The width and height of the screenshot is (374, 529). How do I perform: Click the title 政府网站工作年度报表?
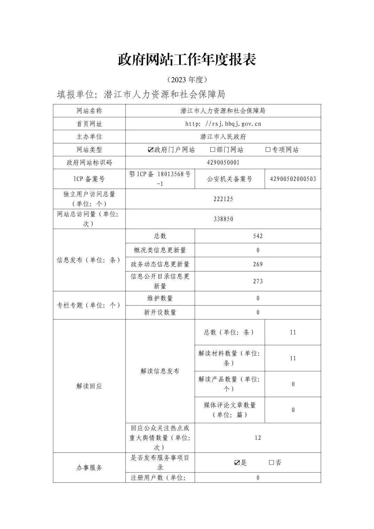pos(187,60)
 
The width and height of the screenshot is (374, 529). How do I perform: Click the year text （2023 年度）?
pos(187,80)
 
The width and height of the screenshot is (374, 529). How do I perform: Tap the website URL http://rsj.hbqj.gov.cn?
pos(223,124)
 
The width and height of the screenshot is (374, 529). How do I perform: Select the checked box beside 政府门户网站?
pos(150,150)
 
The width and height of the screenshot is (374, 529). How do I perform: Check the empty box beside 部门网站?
pos(212,150)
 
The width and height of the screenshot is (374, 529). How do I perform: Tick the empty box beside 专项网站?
pos(268,150)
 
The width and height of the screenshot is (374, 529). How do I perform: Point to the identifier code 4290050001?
pos(223,163)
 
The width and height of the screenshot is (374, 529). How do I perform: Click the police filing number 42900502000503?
pos(293,179)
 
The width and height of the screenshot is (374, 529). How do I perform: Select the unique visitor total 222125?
pos(223,199)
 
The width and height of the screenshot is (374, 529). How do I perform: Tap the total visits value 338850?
pos(223,219)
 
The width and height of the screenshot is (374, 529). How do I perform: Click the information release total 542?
pos(258,236)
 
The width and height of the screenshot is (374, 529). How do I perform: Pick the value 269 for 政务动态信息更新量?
pos(258,264)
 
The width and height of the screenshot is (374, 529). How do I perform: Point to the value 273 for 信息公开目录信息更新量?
pos(258,281)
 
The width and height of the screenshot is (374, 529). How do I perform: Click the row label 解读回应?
pos(89,386)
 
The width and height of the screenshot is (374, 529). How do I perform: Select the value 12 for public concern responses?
pos(258,438)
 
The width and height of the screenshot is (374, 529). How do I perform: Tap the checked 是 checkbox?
pos(237,463)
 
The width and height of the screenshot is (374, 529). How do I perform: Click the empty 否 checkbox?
pos(271,463)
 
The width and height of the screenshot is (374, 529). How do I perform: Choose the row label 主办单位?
pos(89,137)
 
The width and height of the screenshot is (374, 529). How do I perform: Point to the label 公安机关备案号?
pos(229,179)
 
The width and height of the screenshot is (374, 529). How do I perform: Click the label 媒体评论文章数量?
pos(229,405)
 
